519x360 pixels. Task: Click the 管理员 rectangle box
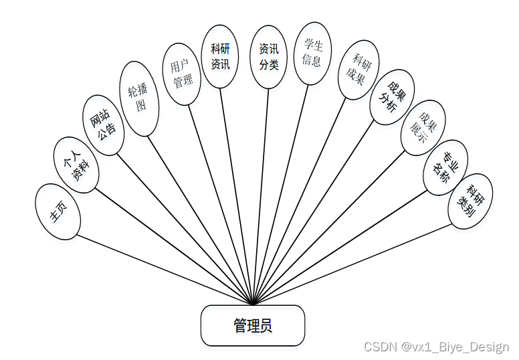tap(253, 326)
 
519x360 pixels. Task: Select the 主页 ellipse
tap(58, 211)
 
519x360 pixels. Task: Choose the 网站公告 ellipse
tap(104, 121)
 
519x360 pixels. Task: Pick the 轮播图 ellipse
tap(138, 98)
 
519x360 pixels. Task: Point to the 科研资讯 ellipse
tap(220, 56)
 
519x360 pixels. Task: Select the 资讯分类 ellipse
tap(268, 57)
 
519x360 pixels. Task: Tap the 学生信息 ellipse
tap(312, 53)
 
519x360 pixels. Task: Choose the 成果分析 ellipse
tap(392, 97)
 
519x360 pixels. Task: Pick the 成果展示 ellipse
tap(423, 128)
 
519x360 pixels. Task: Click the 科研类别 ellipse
tap(470, 201)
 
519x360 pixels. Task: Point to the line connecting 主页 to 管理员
tap(164, 269)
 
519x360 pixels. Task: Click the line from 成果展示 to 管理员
tap(328, 228)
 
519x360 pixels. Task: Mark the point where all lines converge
tap(253, 305)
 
